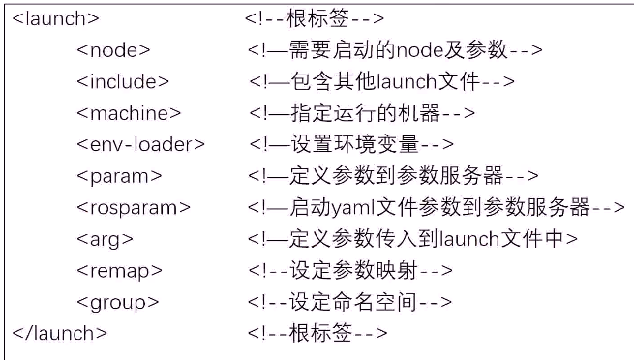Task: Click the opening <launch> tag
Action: point(55,18)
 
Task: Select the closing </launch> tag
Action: point(59,333)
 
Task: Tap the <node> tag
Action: point(113,50)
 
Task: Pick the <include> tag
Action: point(123,81)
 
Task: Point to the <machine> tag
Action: point(129,113)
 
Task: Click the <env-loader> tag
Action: point(141,144)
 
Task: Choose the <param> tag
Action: point(119,176)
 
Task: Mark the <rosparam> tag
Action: point(134,207)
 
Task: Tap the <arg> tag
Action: point(105,239)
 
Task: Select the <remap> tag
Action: point(119,270)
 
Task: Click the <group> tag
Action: point(117,302)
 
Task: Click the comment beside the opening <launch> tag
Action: point(316,18)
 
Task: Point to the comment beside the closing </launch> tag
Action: point(316,333)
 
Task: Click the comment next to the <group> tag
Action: point(349,302)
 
